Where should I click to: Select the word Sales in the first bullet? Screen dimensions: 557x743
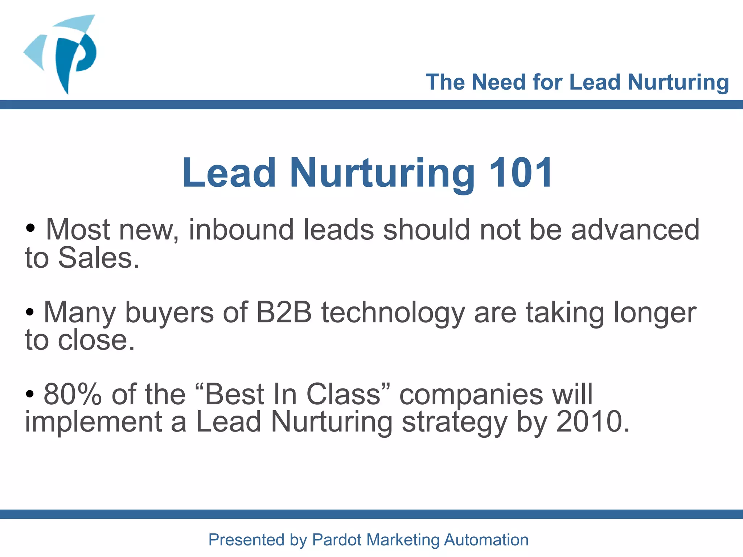pyautogui.click(x=99, y=258)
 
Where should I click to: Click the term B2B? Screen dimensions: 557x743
pyautogui.click(x=284, y=312)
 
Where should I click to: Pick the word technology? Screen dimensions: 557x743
pyautogui.click(x=393, y=313)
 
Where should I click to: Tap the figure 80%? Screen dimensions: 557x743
pyautogui.click(x=73, y=394)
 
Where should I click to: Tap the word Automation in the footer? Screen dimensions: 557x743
pyautogui.click(x=486, y=540)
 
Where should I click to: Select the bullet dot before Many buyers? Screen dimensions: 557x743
pyautogui.click(x=30, y=311)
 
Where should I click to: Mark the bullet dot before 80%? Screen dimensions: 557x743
pyautogui.click(x=30, y=393)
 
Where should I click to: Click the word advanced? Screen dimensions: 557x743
pyautogui.click(x=635, y=230)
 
